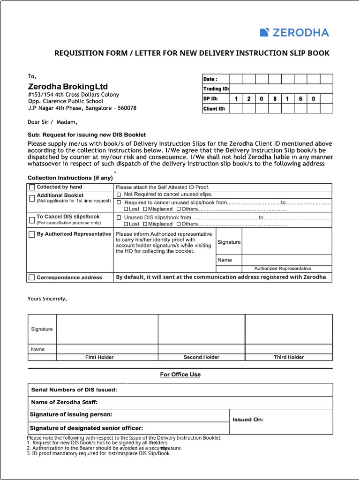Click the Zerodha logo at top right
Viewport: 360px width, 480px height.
tap(294, 32)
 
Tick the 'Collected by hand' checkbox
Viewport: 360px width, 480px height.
tap(32, 187)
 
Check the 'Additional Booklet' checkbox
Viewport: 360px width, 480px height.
tap(32, 198)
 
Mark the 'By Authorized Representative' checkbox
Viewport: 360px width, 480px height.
tap(32, 234)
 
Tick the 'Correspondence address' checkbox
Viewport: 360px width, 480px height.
tap(32, 277)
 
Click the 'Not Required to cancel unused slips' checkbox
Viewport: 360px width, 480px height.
tap(119, 194)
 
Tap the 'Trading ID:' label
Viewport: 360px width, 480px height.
tap(216, 89)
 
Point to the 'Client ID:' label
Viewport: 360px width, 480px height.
tap(214, 109)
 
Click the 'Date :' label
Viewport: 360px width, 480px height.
tap(210, 79)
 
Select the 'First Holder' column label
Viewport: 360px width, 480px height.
tap(99, 357)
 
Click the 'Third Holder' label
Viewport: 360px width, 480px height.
tap(289, 357)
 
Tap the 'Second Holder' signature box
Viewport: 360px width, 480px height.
tap(202, 329)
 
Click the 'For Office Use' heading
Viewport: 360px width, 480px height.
tap(180, 375)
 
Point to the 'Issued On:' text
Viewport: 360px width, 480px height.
tap(248, 420)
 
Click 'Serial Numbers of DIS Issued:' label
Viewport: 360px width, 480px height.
tap(74, 390)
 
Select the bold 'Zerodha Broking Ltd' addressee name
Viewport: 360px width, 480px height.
tap(68, 87)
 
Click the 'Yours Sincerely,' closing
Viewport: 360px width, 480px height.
tap(47, 299)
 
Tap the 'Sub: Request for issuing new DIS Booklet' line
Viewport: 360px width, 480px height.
tap(87, 135)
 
